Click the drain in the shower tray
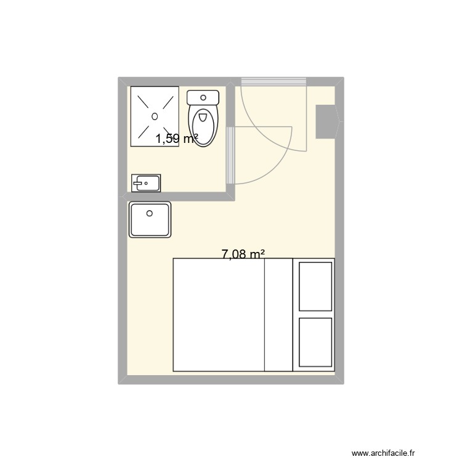click(x=154, y=116)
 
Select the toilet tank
click(x=203, y=98)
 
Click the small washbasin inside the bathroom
click(x=146, y=182)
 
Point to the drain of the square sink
click(x=149, y=214)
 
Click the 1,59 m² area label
click(x=176, y=139)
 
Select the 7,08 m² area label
click(x=243, y=253)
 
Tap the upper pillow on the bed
click(x=315, y=286)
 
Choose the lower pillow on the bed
click(x=315, y=342)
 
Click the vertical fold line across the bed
click(x=264, y=315)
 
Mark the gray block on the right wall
click(x=326, y=121)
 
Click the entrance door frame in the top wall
click(x=274, y=81)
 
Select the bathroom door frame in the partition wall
click(x=230, y=156)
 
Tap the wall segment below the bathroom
click(x=179, y=197)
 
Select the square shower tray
click(x=154, y=116)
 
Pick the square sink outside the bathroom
click(x=150, y=220)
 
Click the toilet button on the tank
click(x=203, y=96)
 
